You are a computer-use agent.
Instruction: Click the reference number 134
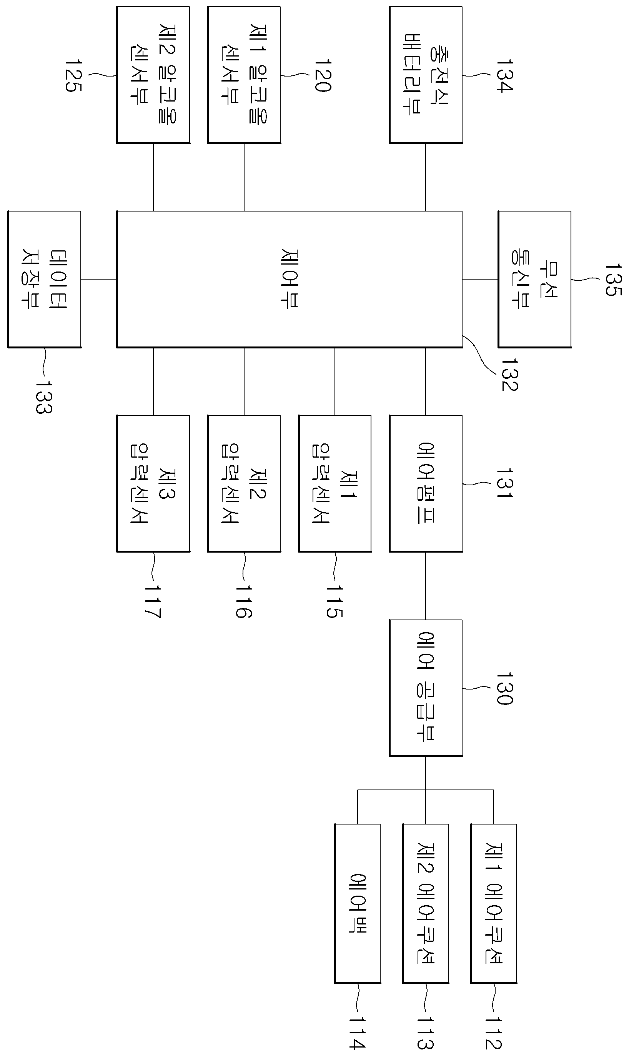point(505,75)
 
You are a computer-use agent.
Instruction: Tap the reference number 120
point(323,75)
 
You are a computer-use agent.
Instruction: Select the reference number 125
point(73,75)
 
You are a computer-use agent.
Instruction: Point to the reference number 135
point(613,280)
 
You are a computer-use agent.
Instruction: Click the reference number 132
point(510,374)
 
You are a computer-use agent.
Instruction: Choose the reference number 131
point(505,483)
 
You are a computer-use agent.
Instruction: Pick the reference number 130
point(505,688)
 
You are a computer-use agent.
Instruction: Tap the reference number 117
point(153,602)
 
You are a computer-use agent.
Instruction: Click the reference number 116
point(244,602)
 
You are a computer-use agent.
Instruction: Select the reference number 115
point(334,602)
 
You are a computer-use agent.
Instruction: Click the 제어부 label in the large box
point(290,279)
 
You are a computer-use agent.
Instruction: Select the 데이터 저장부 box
point(45,279)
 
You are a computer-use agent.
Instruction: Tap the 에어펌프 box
point(426,483)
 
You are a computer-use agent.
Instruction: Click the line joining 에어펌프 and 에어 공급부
point(426,586)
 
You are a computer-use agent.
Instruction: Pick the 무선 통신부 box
point(534,279)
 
